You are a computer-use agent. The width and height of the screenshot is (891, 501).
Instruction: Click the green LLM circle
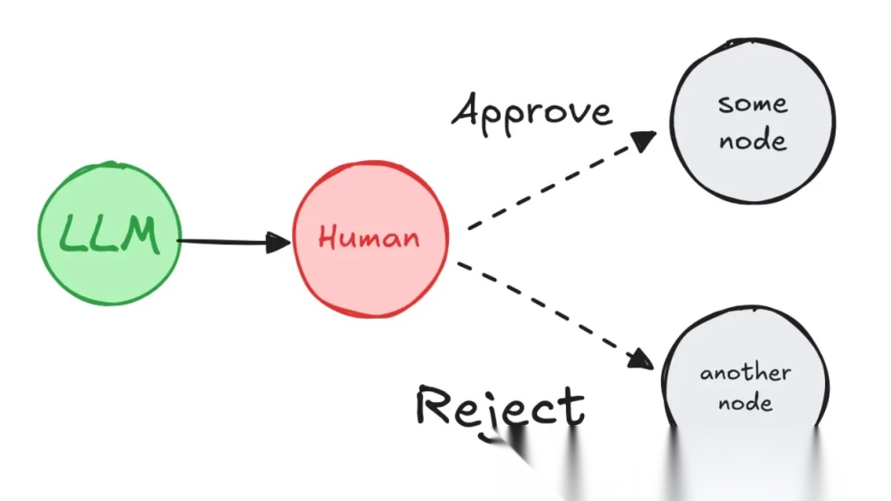(x=110, y=234)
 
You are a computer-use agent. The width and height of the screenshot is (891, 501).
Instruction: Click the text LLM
(x=110, y=235)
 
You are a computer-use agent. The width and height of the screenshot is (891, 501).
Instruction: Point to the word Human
(x=369, y=239)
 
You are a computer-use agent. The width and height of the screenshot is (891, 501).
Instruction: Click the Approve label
(x=532, y=111)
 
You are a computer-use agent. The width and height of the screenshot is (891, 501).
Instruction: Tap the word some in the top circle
(x=752, y=104)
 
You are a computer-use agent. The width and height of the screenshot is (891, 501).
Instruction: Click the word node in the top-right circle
(x=752, y=140)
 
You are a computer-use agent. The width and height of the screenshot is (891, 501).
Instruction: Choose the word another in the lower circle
(x=745, y=373)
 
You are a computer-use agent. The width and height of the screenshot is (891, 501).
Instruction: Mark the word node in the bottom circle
(x=745, y=404)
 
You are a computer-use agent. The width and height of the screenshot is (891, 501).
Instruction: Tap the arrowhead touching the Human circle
(x=280, y=242)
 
